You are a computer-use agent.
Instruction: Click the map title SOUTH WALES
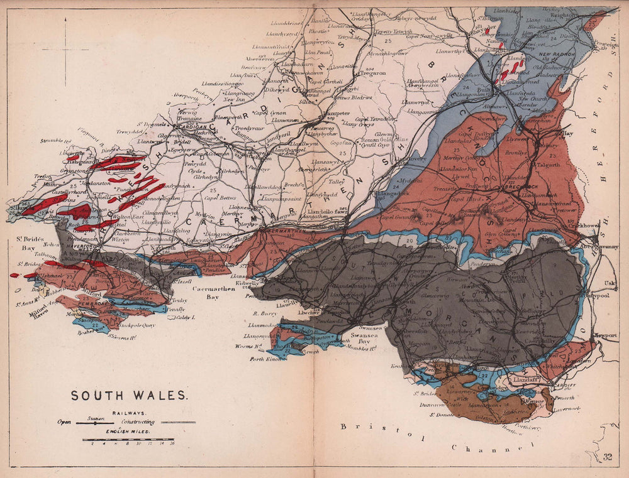click(128, 396)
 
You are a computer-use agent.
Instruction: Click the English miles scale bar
click(128, 440)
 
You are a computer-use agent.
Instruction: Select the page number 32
click(607, 457)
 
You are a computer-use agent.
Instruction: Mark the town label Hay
click(567, 134)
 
